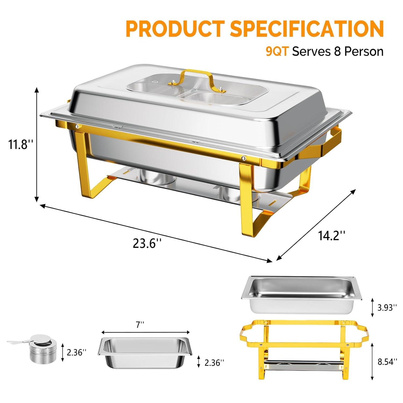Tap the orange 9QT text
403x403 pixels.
point(277,51)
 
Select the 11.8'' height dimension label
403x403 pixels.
point(20,145)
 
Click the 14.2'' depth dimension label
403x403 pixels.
point(332,236)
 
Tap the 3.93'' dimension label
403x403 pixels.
point(387,307)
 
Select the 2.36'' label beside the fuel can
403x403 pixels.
point(77,352)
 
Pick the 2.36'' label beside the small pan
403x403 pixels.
point(214,362)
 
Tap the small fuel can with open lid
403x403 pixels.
point(43,348)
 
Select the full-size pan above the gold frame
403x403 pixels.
point(301,294)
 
